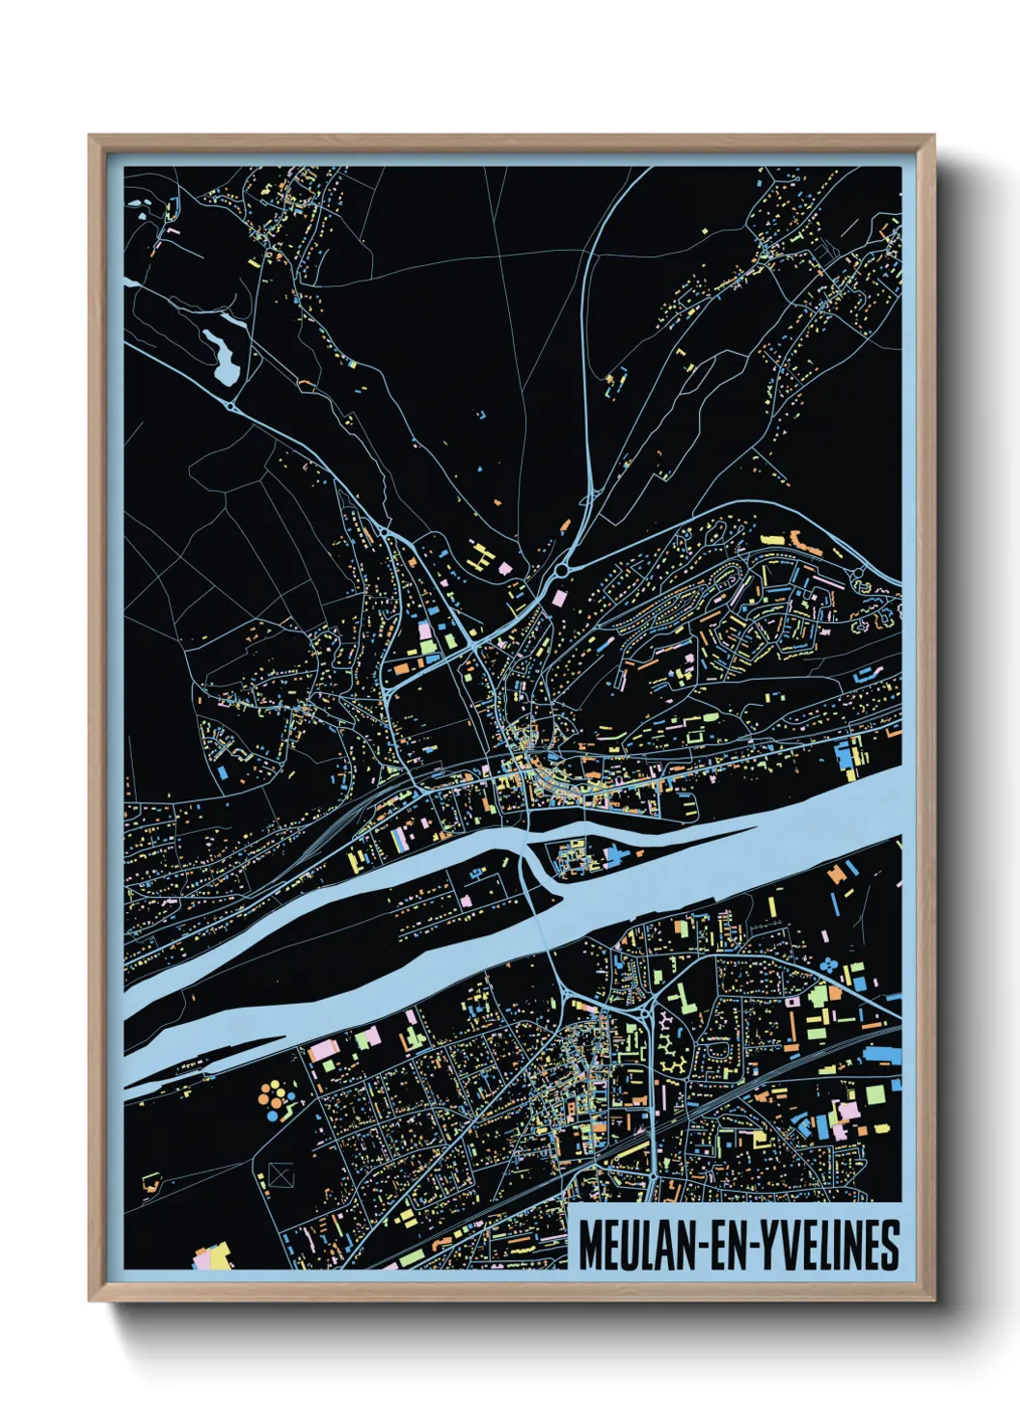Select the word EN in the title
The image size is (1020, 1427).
(726, 1246)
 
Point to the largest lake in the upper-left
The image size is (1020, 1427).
(221, 352)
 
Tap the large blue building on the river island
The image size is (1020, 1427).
(616, 854)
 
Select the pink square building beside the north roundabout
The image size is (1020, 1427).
(559, 599)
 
